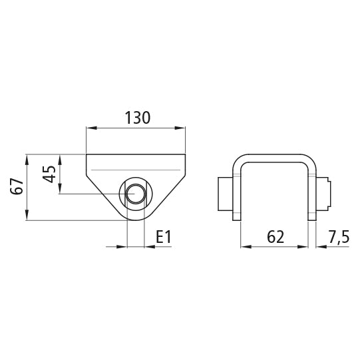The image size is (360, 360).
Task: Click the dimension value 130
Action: tap(137, 118)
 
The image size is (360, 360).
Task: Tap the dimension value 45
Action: tap(49, 175)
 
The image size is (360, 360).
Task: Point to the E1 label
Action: tap(164, 237)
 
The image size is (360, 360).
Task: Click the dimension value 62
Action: tap(273, 237)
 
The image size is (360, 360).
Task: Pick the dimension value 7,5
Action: tap(338, 237)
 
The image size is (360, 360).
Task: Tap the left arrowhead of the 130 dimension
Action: tap(91, 128)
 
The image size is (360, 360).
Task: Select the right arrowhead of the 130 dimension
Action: tap(181, 128)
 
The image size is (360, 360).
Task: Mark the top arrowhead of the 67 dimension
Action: tap(27, 158)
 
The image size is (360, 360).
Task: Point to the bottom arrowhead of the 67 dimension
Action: tap(27, 216)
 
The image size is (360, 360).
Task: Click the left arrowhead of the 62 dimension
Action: tap(245, 246)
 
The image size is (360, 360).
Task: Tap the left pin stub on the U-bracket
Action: tap(224, 194)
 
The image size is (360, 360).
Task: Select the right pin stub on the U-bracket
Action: tap(323, 194)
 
